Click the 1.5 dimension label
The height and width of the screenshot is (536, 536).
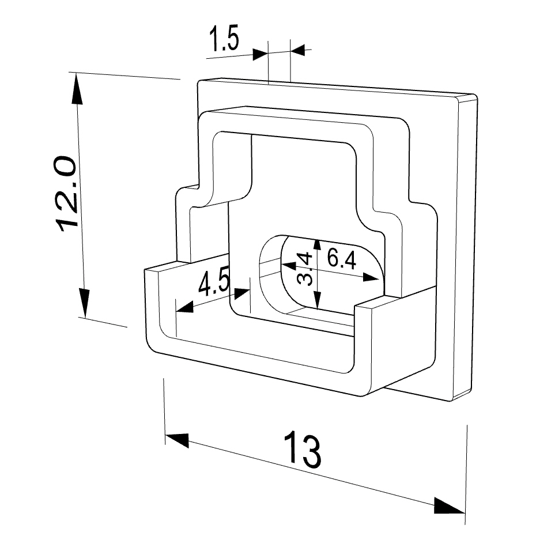(x=224, y=38)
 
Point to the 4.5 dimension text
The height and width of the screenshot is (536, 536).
(x=214, y=283)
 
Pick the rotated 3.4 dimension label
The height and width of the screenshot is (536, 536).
(x=305, y=269)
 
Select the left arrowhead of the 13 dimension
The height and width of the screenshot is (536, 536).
(x=177, y=439)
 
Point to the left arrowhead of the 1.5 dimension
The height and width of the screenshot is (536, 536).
(x=260, y=54)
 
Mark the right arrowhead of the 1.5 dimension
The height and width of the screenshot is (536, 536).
(x=298, y=50)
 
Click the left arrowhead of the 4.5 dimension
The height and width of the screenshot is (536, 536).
(x=184, y=307)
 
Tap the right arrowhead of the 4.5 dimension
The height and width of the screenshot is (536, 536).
(x=241, y=293)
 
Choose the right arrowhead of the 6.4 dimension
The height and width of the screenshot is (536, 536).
(x=371, y=277)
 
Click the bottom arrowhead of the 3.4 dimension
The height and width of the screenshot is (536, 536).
(x=318, y=300)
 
